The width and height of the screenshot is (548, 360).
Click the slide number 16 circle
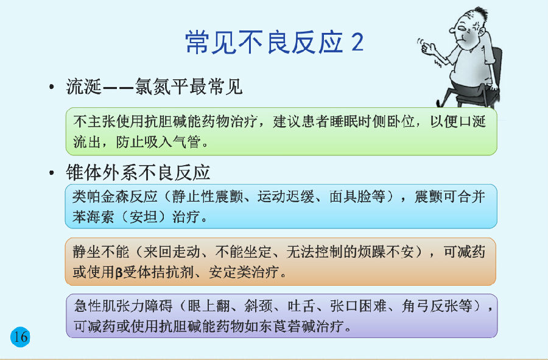[x=20, y=337]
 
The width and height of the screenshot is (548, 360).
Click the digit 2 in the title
[x=357, y=42]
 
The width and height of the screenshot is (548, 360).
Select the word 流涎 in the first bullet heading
[x=84, y=86]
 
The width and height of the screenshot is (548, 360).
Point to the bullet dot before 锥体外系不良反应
[x=52, y=172]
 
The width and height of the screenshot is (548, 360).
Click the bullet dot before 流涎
[x=52, y=86]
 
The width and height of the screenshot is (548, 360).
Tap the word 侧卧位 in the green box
[x=393, y=121]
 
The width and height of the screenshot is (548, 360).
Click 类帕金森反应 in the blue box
[x=115, y=196]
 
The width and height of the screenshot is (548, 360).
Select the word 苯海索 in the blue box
[x=93, y=217]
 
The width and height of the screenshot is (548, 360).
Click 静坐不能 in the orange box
[x=101, y=252]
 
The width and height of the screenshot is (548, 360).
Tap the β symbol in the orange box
[x=119, y=272]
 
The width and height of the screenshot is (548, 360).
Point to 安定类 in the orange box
[x=230, y=272]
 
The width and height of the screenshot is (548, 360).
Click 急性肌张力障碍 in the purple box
[x=124, y=306]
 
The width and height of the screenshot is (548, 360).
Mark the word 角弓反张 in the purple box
[x=430, y=306]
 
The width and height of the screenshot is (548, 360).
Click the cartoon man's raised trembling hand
[x=426, y=46]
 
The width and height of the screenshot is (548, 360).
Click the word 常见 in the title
[x=211, y=42]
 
